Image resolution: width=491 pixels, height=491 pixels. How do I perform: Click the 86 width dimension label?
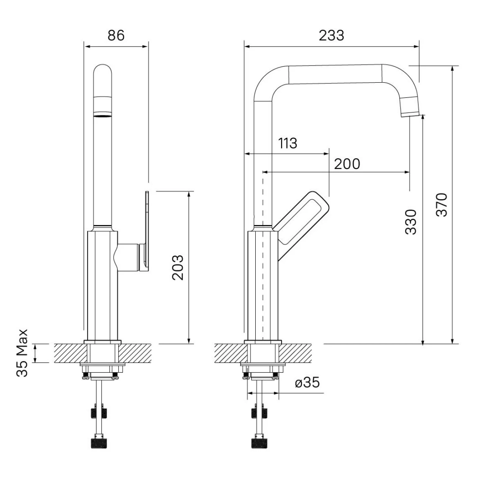116,36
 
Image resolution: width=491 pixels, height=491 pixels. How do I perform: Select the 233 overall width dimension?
331,36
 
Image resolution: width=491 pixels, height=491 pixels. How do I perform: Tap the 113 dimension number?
287,143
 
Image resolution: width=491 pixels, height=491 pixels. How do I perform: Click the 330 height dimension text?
410,222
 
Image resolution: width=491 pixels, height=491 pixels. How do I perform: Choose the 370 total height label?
441,205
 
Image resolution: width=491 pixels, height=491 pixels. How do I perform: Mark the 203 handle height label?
178,268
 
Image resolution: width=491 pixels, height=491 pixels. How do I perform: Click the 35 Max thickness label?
22,353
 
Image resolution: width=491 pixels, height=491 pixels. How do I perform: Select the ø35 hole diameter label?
307,383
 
